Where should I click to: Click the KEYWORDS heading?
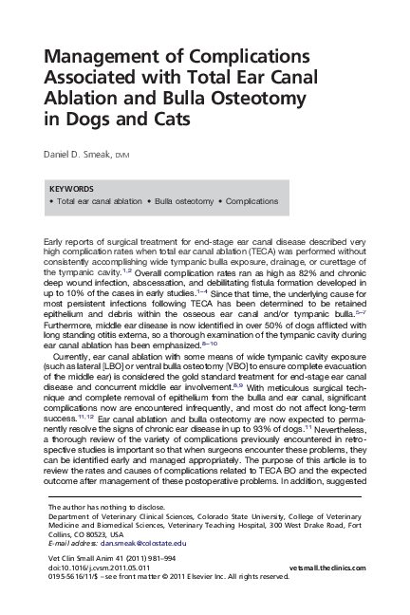70,189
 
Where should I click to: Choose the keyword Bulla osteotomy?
180,202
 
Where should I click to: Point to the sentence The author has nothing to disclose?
101,508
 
